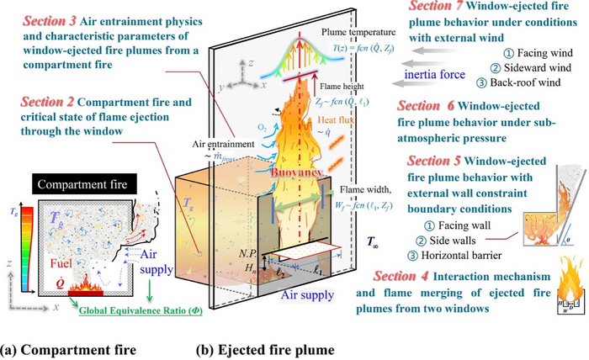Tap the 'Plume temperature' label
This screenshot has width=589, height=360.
tap(355, 32)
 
